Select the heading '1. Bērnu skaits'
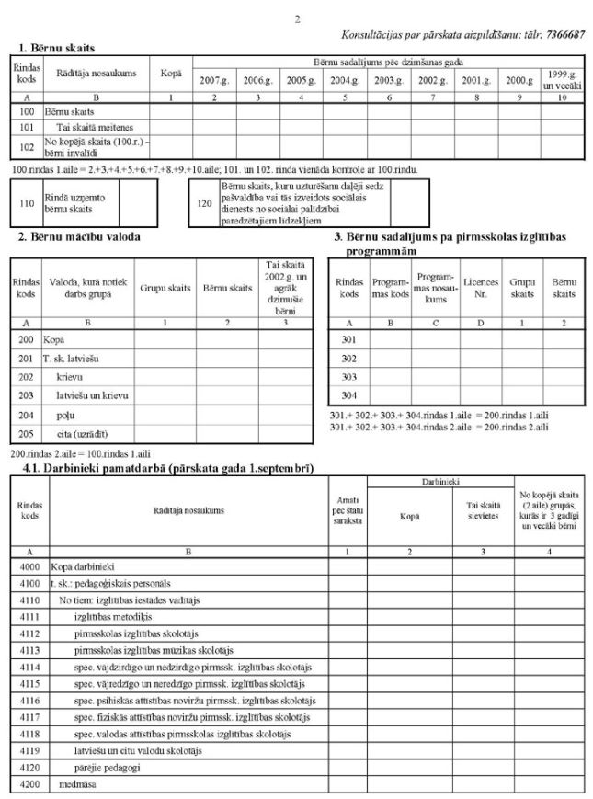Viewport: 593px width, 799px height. (x=57, y=46)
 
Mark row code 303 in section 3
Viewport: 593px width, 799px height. (x=348, y=376)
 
